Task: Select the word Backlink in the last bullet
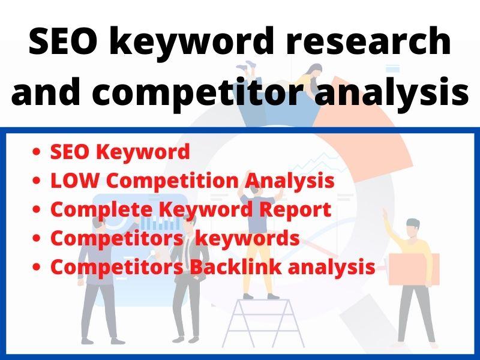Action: point(235,267)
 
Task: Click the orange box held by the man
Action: point(413,269)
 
